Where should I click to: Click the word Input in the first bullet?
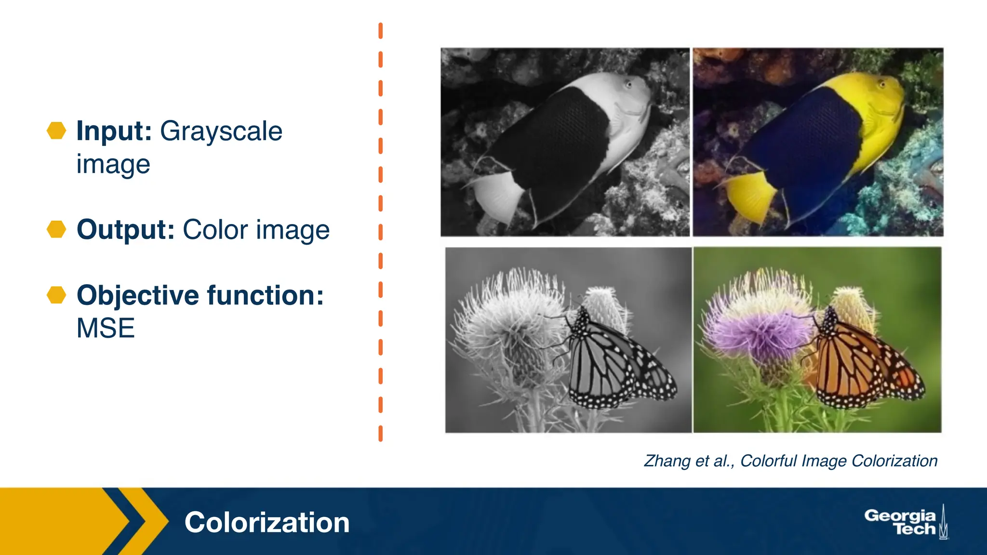tap(114, 131)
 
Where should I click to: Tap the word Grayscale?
tap(221, 132)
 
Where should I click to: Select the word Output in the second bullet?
tap(125, 229)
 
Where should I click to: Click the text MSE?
tap(106, 329)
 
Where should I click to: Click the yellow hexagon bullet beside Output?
tap(56, 229)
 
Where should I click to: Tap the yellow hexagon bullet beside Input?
tap(56, 131)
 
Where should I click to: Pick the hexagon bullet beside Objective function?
tap(56, 295)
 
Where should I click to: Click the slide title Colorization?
tap(267, 522)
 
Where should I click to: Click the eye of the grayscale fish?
tap(628, 85)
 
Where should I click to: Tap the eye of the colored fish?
tap(881, 85)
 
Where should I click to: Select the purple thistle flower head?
tap(757, 332)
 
